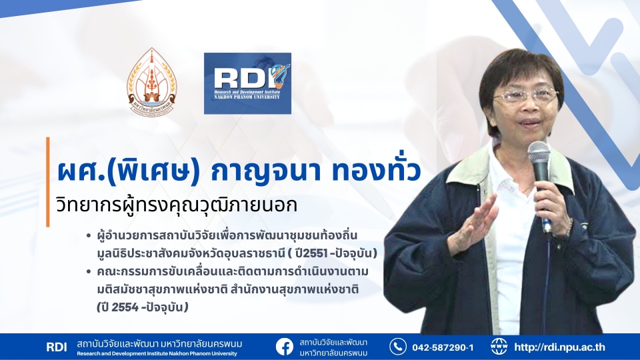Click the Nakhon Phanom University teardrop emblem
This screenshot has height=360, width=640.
[152, 82]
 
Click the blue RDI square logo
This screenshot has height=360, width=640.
[247, 83]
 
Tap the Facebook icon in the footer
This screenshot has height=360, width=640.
[285, 347]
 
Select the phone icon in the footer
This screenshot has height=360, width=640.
[397, 347]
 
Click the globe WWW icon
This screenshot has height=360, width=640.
[499, 347]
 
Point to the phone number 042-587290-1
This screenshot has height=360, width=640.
[443, 347]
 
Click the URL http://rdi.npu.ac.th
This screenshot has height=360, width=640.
[559, 347]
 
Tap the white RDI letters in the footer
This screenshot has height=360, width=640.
[56, 347]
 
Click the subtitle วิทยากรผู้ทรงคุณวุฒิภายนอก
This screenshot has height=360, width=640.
[176, 205]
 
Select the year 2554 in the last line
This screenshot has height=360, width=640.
[125, 307]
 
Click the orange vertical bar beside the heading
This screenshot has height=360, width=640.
[48, 181]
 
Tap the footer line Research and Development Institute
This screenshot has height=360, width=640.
[157, 354]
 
